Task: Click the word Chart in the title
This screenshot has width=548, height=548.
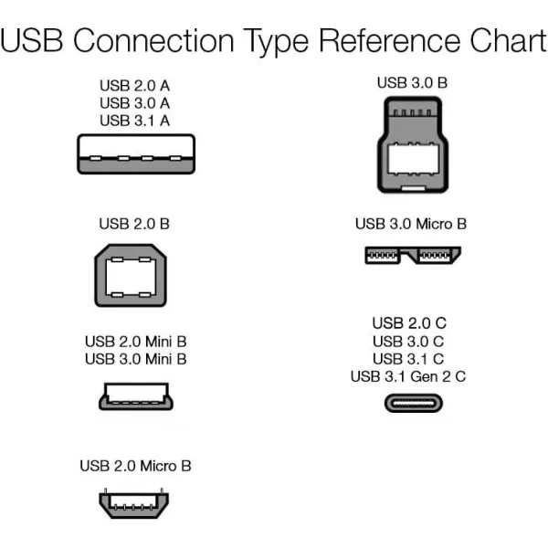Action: point(501,42)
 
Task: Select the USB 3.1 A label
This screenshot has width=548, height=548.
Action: point(135,121)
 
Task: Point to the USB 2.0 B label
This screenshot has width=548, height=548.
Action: point(135,224)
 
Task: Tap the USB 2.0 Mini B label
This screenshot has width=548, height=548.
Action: point(135,342)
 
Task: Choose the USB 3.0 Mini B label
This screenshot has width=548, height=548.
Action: point(135,359)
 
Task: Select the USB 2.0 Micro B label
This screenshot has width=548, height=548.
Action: point(135,466)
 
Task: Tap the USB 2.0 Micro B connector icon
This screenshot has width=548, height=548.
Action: point(135,503)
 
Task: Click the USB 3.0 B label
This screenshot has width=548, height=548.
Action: point(412,83)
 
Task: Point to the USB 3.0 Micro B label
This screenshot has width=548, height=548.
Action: point(411,224)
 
